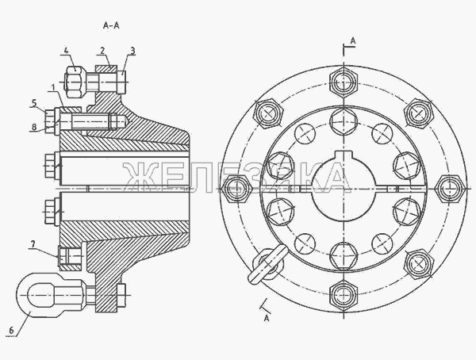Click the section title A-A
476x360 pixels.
click(111, 26)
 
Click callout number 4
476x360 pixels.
click(66, 50)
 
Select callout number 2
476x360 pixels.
click(102, 51)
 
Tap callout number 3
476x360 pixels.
click(132, 51)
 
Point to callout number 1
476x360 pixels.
click(53, 88)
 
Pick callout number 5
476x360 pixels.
click(34, 103)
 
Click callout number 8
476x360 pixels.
click(34, 127)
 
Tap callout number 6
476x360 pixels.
click(12, 330)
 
